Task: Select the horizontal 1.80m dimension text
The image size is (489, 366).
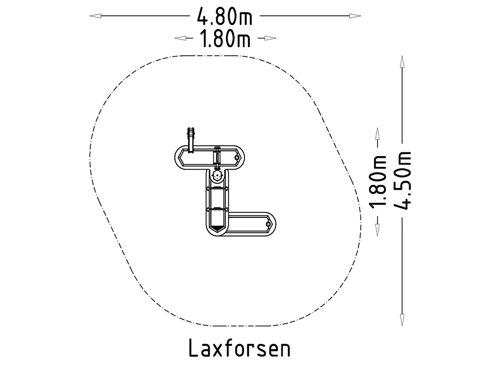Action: click(225, 38)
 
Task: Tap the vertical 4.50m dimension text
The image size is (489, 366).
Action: click(403, 181)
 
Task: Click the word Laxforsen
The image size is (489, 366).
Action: click(240, 348)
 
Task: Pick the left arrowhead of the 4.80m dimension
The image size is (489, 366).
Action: click(95, 16)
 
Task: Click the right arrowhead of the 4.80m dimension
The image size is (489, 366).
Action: click(355, 16)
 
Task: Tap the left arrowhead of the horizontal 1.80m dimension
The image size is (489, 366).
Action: click(180, 38)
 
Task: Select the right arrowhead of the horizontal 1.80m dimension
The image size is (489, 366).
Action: click(271, 38)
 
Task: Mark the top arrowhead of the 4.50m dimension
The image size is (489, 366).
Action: click(402, 62)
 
